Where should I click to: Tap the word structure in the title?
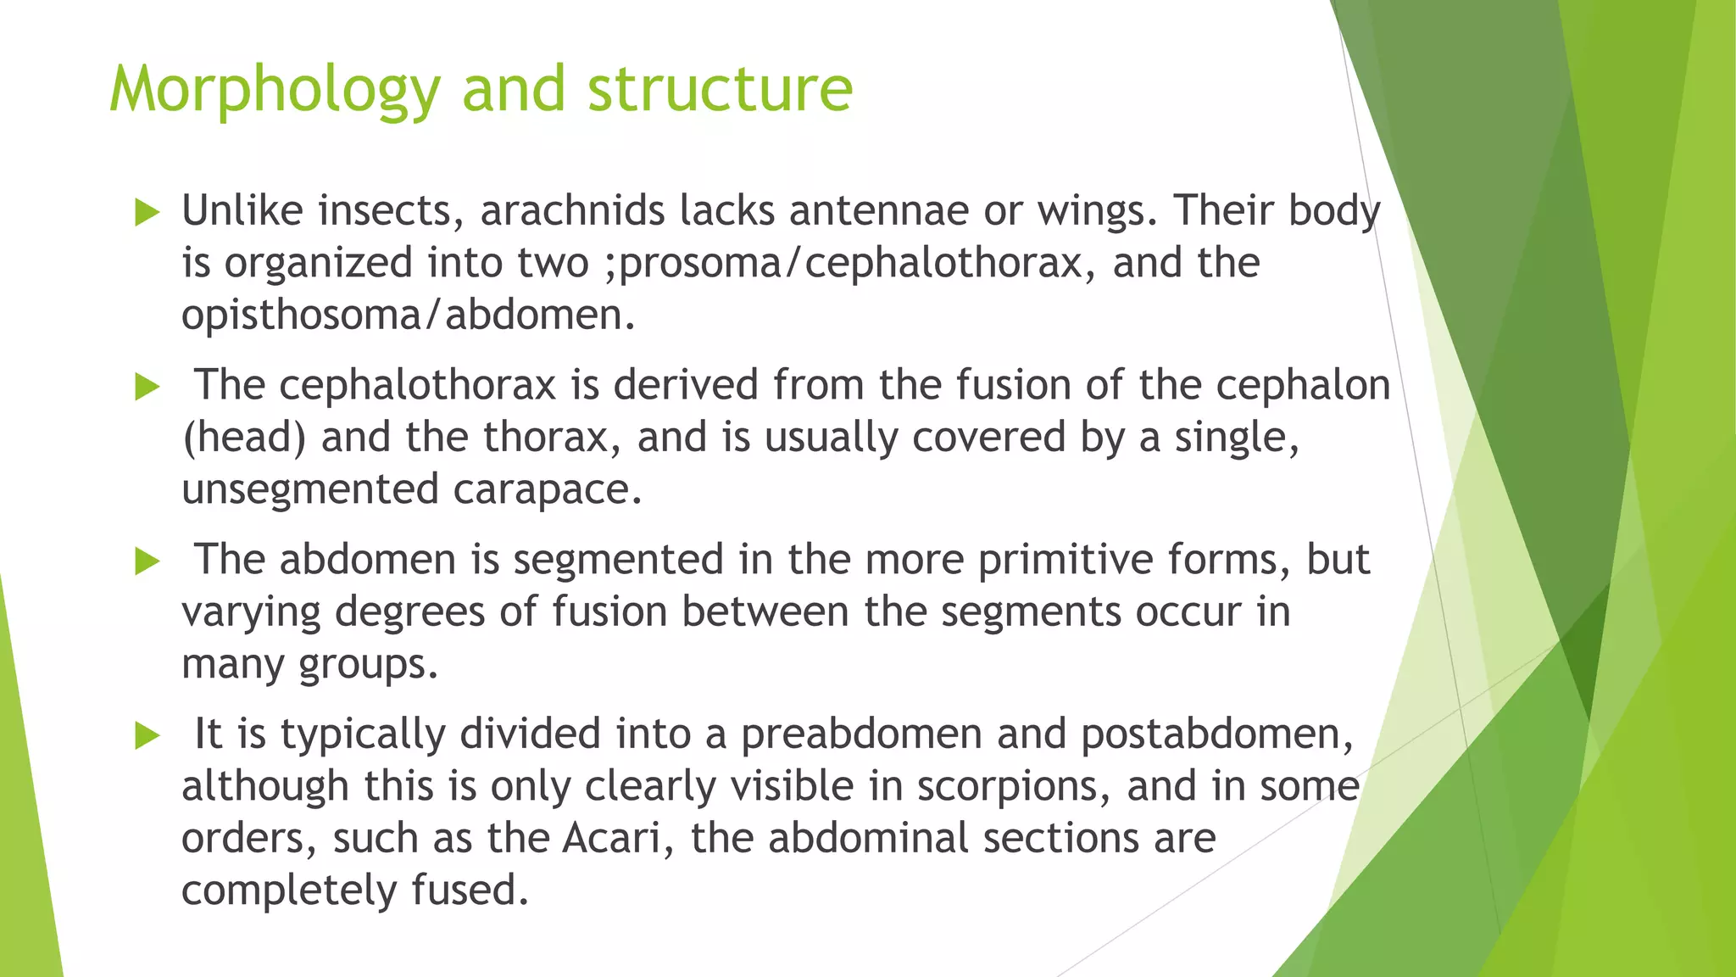click(720, 90)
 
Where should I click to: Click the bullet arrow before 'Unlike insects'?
click(147, 213)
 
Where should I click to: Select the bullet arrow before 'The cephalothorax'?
click(147, 388)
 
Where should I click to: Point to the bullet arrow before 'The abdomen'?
click(147, 561)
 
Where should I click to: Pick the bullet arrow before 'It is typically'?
click(147, 736)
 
